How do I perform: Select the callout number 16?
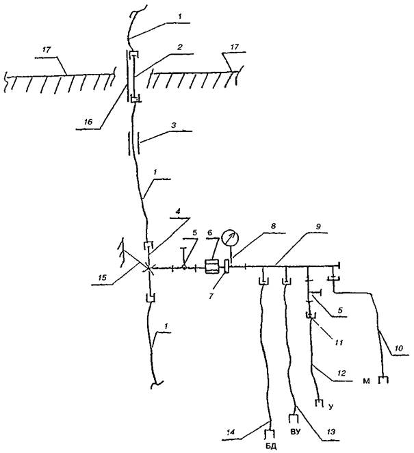86,122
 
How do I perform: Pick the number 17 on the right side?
234,48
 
